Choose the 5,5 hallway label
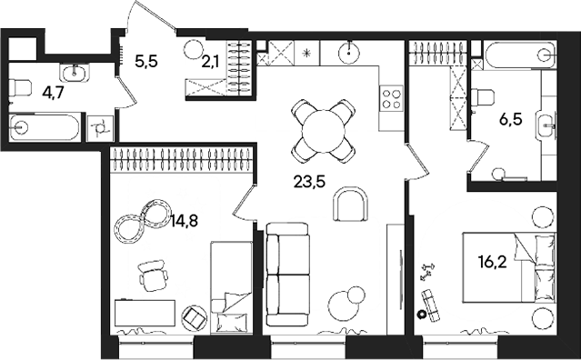(x=145, y=62)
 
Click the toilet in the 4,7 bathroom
(x=18, y=89)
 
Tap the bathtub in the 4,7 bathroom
(x=41, y=127)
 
